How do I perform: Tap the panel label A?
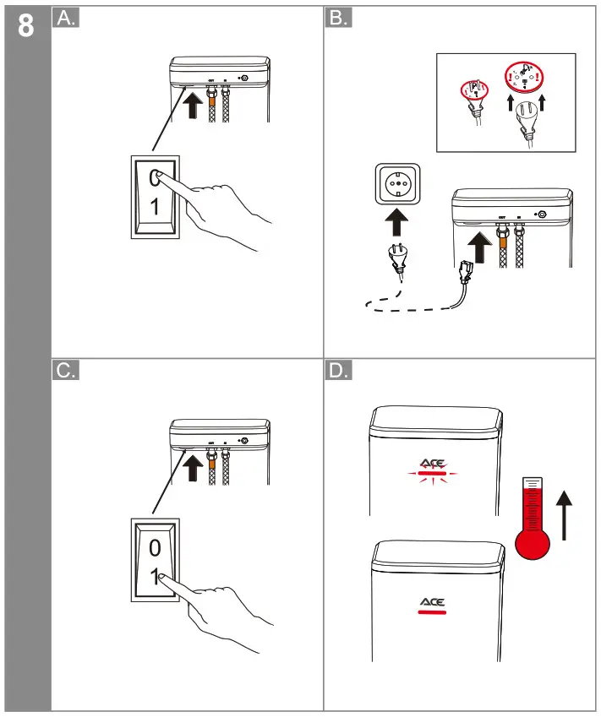point(66,19)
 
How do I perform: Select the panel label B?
point(338,19)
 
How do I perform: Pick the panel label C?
point(66,372)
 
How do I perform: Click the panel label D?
point(338,372)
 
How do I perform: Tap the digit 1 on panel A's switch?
point(154,207)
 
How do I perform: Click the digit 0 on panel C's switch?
point(154,548)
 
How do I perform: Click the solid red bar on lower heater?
point(432,614)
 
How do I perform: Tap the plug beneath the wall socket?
point(396,259)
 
